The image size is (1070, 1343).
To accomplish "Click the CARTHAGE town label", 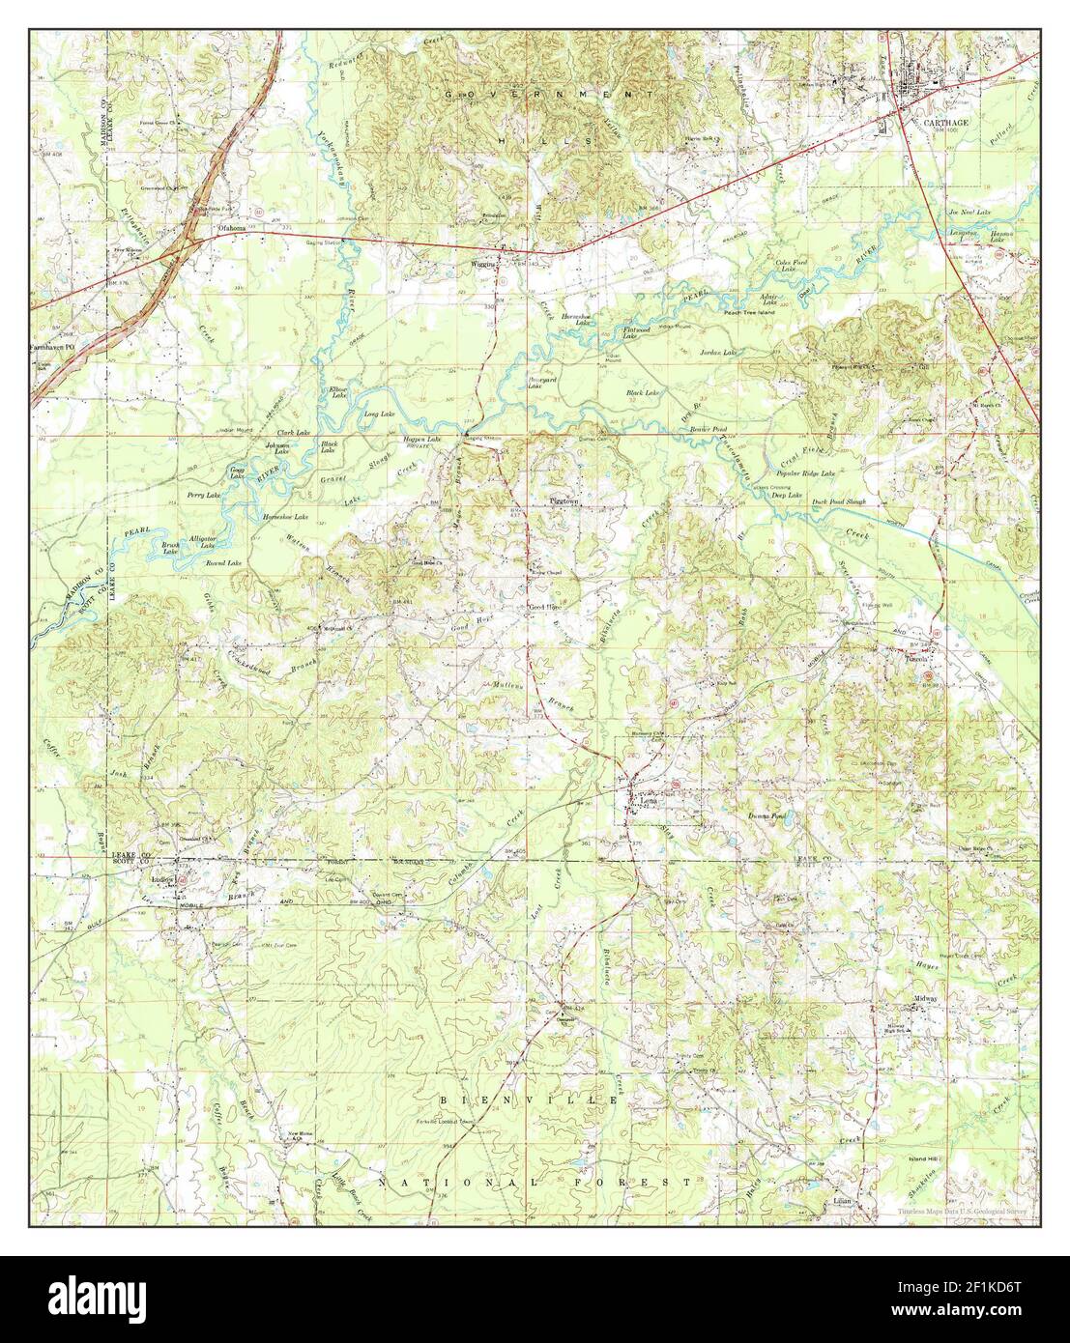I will pyautogui.click(x=927, y=124).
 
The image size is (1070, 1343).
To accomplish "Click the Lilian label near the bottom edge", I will pyautogui.click(x=842, y=1203).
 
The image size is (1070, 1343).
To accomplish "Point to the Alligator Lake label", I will pyautogui.click(x=202, y=541).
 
